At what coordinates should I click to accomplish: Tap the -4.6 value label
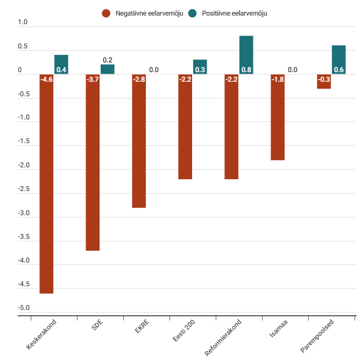pyautogui.click(x=46, y=80)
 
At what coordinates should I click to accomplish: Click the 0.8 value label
pyautogui.click(x=246, y=69)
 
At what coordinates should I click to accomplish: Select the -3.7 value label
pyautogui.click(x=93, y=80)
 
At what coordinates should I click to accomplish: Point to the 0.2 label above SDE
pyautogui.click(x=108, y=60)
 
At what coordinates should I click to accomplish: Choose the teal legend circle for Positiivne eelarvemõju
pyautogui.click(x=193, y=13)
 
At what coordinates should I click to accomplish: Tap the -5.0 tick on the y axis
pyautogui.click(x=23, y=308)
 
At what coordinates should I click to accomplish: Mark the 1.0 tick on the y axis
pyautogui.click(x=23, y=23)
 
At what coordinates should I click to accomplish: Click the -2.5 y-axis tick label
pyautogui.click(x=23, y=189)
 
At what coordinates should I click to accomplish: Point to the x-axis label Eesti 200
pyautogui.click(x=183, y=330)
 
